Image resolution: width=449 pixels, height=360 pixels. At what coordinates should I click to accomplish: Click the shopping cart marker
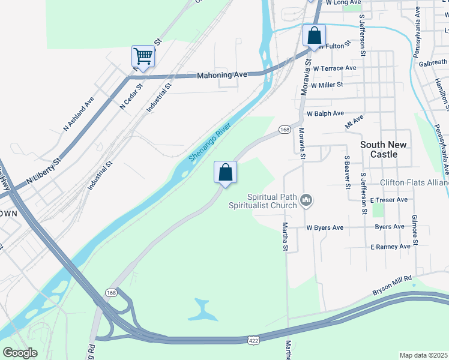coord(143,56)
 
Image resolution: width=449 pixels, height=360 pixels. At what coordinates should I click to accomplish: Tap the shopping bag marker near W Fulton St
coord(314,35)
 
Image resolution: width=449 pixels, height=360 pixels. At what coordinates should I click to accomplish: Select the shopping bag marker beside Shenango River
coord(226,172)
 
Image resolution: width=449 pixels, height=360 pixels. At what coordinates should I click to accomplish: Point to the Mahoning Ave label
coord(222,75)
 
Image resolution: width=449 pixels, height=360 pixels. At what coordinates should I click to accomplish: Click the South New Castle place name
coord(384,149)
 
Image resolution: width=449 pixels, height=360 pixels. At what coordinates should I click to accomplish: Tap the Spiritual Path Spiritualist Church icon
coord(307,199)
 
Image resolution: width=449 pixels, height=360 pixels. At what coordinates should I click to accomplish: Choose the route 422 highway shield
coord(253,340)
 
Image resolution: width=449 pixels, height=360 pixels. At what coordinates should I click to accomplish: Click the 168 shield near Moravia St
coord(285,130)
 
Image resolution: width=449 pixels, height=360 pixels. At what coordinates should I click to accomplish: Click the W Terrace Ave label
coord(334,68)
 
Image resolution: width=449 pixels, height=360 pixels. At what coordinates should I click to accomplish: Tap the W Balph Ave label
coord(325,113)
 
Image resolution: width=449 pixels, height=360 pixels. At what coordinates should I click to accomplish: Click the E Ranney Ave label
coord(390,247)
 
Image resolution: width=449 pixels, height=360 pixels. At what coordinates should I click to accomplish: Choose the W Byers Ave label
coord(325,228)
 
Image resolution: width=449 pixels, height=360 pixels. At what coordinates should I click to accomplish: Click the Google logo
coord(20,353)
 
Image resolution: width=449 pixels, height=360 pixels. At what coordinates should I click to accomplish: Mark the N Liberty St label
coord(44,172)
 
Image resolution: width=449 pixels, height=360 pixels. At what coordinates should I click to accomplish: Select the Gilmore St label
coord(414,228)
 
